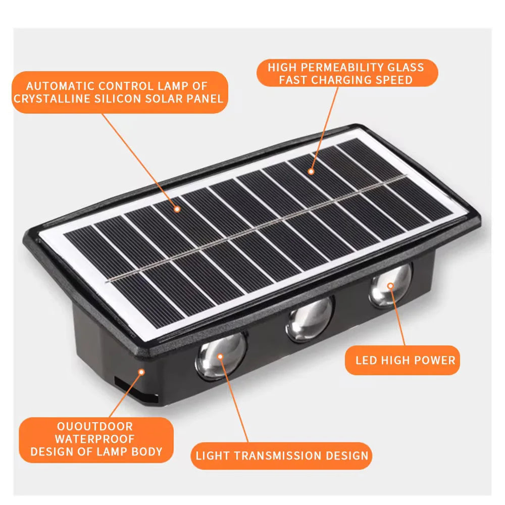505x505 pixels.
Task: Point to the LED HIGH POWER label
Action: [x=405, y=360]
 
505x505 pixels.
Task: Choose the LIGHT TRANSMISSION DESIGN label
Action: [x=282, y=456]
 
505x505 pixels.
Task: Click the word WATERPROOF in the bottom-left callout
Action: [x=95, y=439]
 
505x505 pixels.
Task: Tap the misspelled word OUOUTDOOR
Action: [x=95, y=427]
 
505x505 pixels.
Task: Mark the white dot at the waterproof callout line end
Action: [x=142, y=372]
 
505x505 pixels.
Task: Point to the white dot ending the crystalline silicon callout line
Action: [x=177, y=209]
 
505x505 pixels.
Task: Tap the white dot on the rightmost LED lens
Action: [x=391, y=286]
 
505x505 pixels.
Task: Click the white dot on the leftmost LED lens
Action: [x=220, y=357]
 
